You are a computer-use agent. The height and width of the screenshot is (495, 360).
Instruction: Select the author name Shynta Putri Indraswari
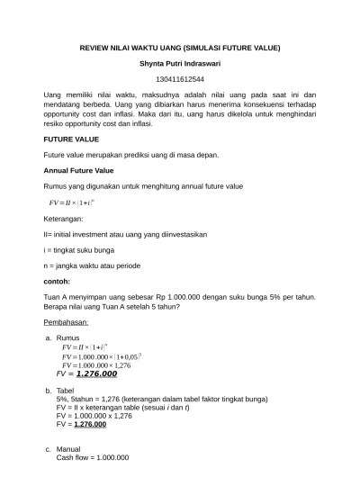coord(180,64)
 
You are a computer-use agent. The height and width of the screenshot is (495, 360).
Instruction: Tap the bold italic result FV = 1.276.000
coord(86,373)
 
